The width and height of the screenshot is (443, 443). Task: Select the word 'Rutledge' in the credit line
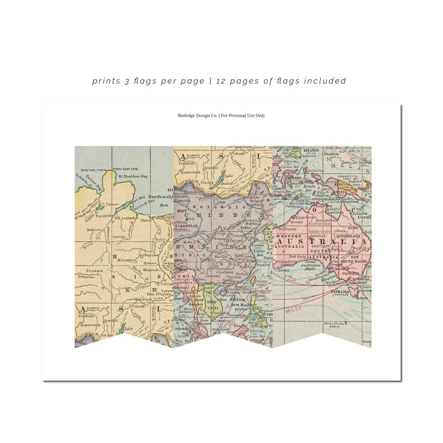coord(185,115)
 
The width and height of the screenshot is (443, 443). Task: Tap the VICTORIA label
coord(350,274)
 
